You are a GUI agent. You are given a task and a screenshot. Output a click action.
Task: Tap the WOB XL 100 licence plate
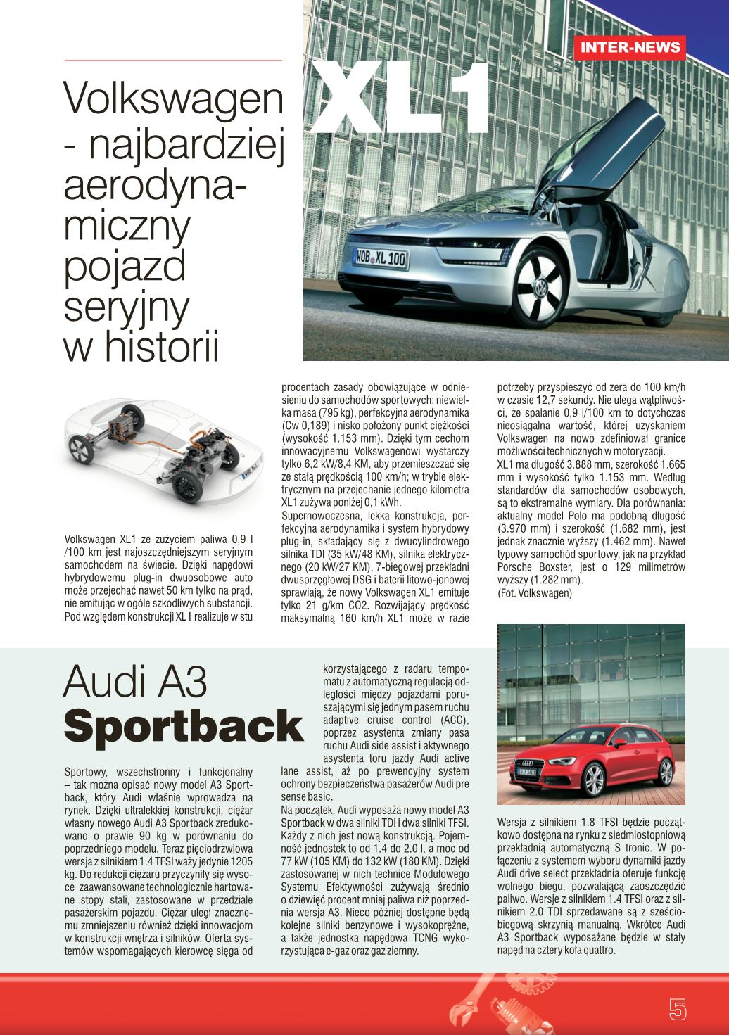coord(380,258)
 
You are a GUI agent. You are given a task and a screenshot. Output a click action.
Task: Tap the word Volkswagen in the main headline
coord(173,100)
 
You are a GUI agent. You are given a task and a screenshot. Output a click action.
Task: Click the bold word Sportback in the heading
coord(183,726)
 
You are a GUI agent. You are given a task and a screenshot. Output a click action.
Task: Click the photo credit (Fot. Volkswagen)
coord(535,593)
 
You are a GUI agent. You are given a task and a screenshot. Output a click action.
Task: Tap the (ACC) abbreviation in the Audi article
coord(455,720)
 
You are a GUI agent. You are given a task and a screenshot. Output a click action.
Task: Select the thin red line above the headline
coord(173,61)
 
